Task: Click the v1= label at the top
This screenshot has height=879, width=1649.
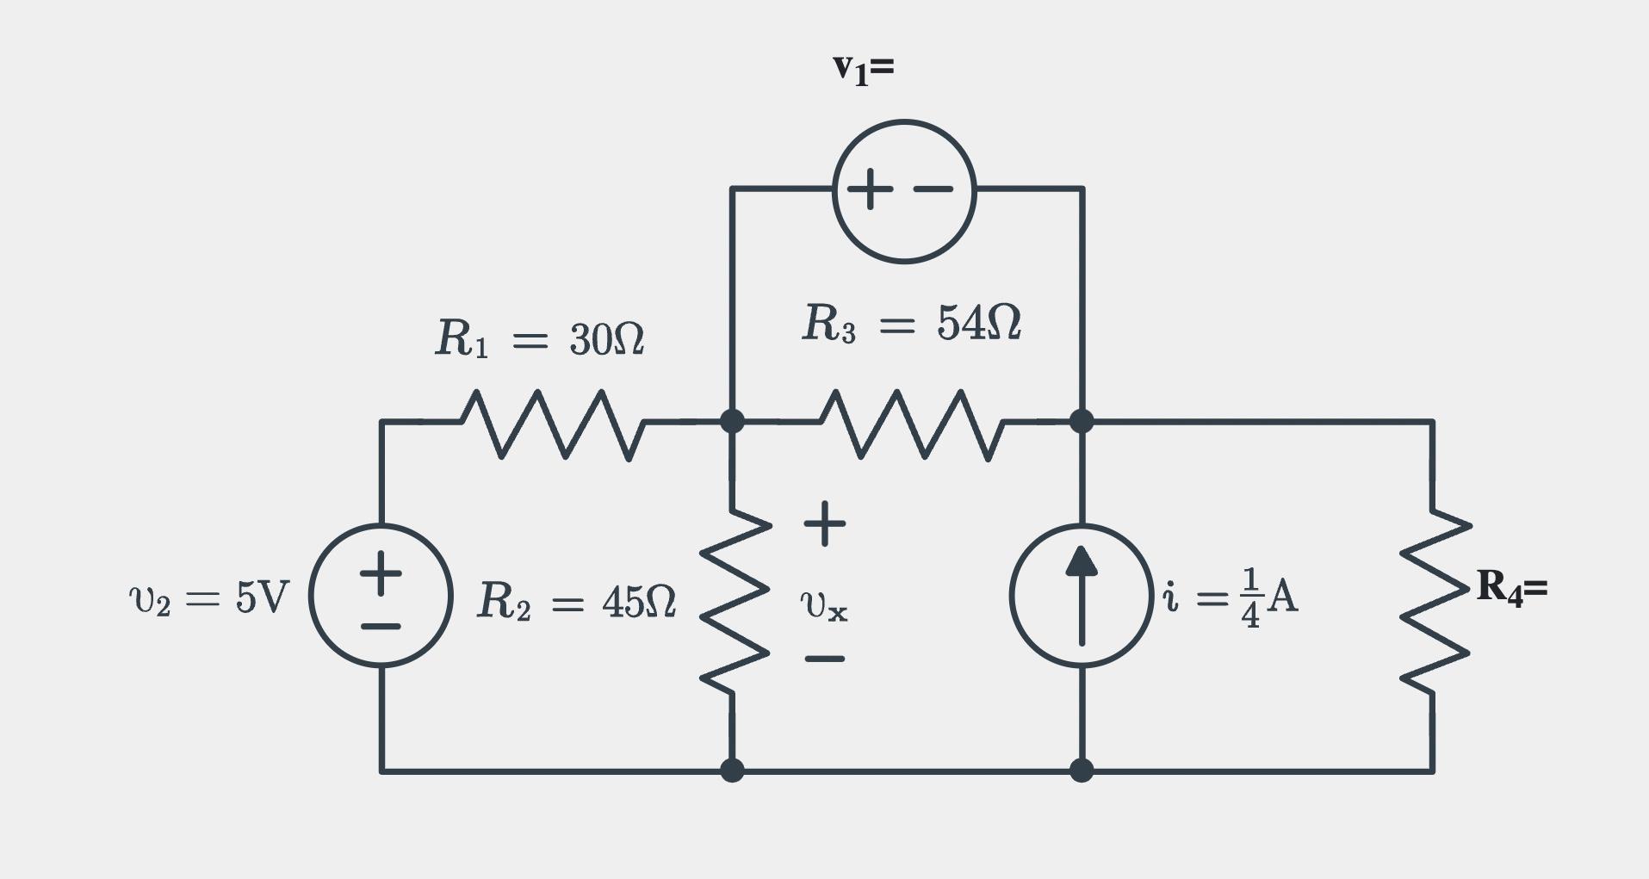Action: pos(863,68)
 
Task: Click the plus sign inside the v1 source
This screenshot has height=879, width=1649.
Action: pos(870,189)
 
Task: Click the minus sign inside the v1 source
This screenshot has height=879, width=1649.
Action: pos(933,189)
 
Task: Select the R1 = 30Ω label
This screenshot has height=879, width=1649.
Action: pos(540,338)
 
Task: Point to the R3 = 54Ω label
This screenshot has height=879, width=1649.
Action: pos(911,324)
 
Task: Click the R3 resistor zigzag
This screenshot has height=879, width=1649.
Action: pos(911,424)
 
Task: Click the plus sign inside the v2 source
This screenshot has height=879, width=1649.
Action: pos(381,573)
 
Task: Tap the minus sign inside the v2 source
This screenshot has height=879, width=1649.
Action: pos(381,626)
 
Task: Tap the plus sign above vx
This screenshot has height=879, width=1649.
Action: pos(824,523)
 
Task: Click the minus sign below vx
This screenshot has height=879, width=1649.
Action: pos(824,659)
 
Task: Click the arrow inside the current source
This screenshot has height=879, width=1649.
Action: pos(1082,594)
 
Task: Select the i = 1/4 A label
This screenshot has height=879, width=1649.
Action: pos(1230,597)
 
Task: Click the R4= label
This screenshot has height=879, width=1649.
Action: pos(1511,588)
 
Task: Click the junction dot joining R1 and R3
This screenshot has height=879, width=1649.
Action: pos(732,421)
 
